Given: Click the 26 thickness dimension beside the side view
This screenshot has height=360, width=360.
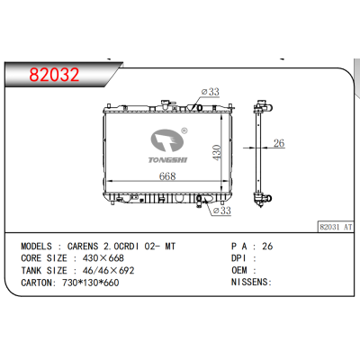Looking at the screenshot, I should tap(279, 143).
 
